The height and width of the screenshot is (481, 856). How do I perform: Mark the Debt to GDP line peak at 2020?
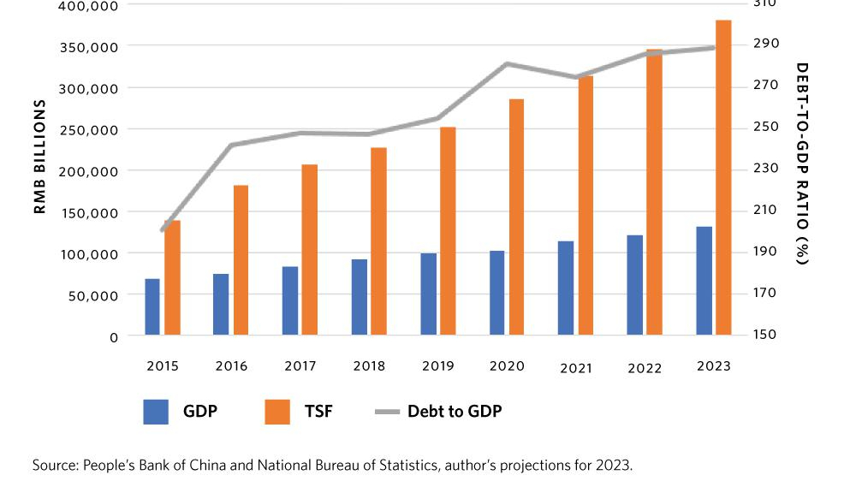tap(508, 63)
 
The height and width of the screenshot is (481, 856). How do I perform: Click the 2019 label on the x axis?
tap(437, 366)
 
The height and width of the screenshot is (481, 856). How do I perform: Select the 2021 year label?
tap(576, 368)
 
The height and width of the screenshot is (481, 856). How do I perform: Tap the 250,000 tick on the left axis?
tap(89, 129)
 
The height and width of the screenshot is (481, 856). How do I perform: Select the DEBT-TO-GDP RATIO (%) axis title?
tap(801, 163)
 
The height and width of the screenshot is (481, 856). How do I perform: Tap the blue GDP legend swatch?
tap(157, 412)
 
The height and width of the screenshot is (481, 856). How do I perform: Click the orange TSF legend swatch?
tap(277, 412)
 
